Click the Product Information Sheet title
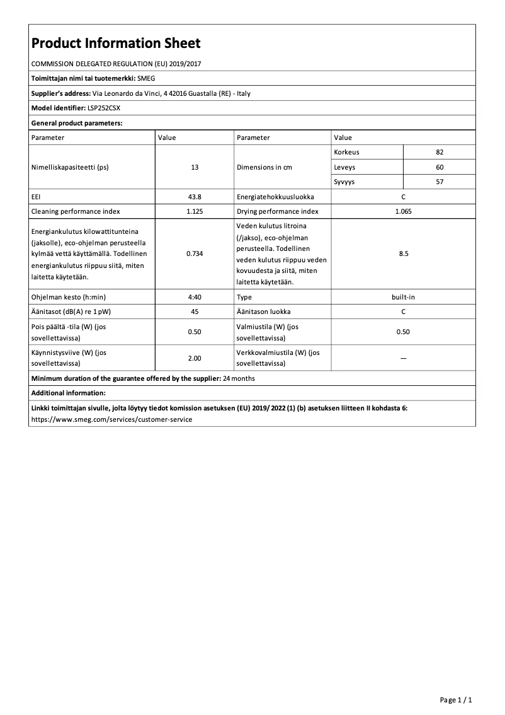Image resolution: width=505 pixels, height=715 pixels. point(116,44)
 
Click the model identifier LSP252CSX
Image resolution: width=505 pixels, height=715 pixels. point(104,108)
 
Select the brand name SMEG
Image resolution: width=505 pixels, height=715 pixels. point(146,79)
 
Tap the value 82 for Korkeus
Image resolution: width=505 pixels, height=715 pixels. point(440,153)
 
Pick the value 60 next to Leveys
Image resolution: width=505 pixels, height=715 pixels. point(440,167)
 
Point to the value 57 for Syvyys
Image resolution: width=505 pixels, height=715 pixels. point(440,182)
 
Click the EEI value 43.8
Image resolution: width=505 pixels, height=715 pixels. point(195,197)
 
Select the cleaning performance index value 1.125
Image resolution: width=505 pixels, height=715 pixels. point(195,211)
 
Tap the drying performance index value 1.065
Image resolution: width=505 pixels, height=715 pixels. point(403,211)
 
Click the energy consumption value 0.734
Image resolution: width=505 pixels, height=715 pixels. point(195,254)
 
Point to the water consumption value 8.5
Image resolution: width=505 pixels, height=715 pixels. point(403,254)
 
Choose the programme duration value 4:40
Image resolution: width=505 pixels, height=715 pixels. point(195,296)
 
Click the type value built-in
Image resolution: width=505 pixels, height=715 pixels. point(403,296)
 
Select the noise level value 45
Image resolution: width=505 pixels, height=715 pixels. point(195,311)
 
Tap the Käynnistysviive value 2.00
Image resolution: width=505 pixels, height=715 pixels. point(195,358)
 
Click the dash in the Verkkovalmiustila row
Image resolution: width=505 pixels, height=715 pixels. point(403,358)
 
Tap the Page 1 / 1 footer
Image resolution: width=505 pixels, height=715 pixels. point(455,700)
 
